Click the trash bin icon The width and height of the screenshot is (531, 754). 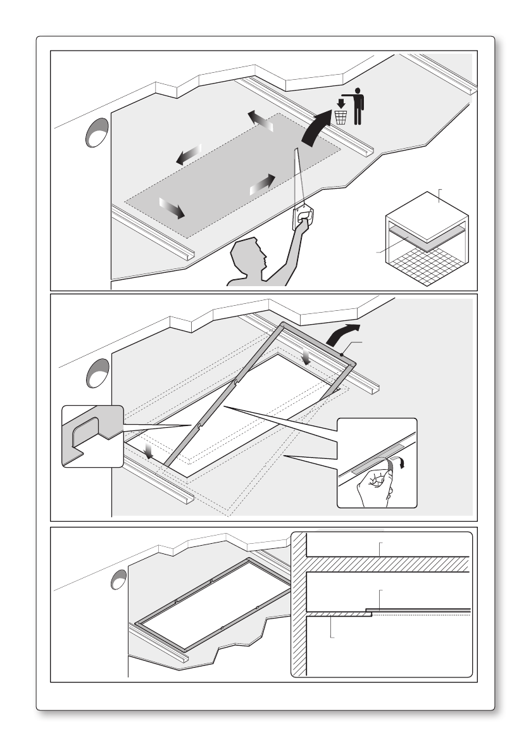coord(341,117)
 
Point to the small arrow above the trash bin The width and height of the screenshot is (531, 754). coord(341,102)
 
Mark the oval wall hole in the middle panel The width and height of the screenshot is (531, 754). coord(97,373)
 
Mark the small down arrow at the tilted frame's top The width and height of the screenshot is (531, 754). coord(306,358)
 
